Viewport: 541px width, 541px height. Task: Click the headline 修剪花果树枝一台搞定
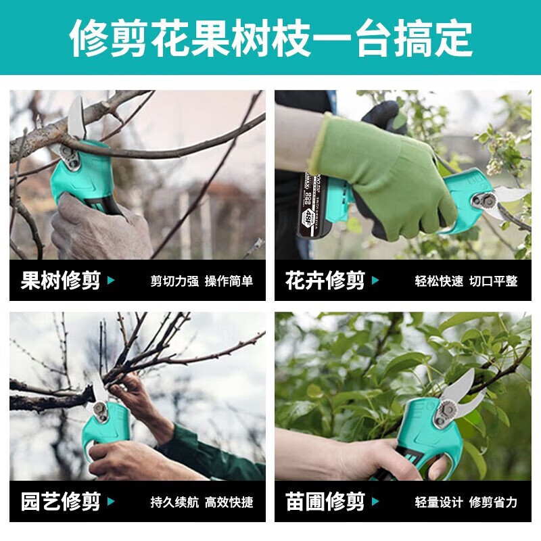tap(270, 37)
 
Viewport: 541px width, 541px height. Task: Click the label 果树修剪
tap(61, 281)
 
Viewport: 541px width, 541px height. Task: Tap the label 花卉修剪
tap(325, 281)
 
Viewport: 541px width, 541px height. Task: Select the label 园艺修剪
tap(61, 502)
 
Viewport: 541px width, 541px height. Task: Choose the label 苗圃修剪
tap(325, 502)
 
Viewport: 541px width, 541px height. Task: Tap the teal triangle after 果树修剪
tap(112, 281)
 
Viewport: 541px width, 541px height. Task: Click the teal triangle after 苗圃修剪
tap(376, 502)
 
